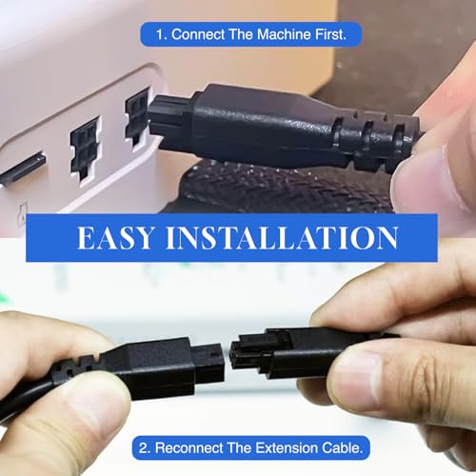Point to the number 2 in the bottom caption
142,446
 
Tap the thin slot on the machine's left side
22,169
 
